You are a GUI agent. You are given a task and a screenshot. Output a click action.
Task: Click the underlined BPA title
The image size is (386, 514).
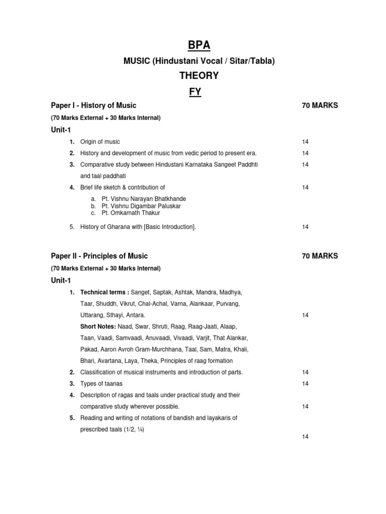tap(199, 46)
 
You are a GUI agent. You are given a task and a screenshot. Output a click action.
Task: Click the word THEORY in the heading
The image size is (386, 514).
tap(199, 76)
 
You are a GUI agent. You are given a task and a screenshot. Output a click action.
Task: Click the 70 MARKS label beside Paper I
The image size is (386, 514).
tap(320, 105)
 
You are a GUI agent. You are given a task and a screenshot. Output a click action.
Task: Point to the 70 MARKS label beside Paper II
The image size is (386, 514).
tap(320, 256)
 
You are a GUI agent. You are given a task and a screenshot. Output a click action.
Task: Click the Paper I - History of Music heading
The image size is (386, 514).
tap(93, 105)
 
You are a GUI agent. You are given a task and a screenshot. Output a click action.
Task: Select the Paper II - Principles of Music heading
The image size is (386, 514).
tap(100, 256)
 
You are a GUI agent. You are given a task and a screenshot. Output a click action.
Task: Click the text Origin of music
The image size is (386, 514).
tap(100, 142)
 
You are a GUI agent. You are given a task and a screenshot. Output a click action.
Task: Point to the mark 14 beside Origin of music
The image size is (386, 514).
tap(305, 142)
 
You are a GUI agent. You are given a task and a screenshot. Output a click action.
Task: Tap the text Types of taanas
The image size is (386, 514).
tap(101, 384)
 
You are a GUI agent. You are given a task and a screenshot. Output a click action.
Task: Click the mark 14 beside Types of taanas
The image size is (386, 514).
tap(305, 384)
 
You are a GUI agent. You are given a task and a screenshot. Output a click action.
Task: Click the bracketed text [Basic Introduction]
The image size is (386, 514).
tap(170, 227)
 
